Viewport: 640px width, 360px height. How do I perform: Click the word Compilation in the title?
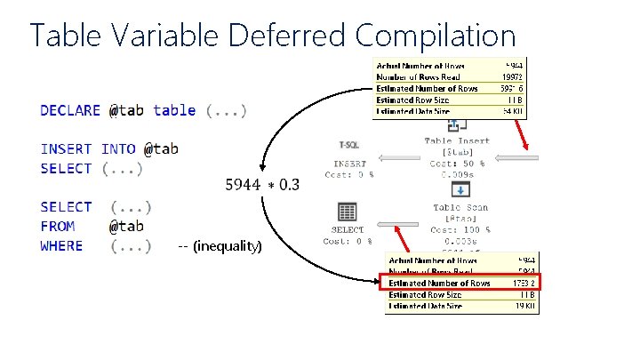[x=436, y=36]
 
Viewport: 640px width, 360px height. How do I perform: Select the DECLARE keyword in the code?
[x=70, y=110]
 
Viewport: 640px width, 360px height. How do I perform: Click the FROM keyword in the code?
[x=58, y=226]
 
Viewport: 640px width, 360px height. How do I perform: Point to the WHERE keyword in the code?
[x=61, y=245]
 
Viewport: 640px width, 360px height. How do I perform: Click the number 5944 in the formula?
[x=243, y=184]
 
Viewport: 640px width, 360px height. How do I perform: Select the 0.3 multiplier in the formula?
[x=290, y=184]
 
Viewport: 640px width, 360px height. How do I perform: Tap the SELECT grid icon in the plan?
[x=348, y=212]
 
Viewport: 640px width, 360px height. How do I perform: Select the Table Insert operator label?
[x=456, y=141]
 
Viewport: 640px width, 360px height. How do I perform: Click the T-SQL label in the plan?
[x=349, y=144]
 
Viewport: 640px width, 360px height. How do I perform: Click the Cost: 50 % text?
[x=457, y=164]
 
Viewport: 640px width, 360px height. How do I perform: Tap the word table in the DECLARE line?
[x=174, y=110]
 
